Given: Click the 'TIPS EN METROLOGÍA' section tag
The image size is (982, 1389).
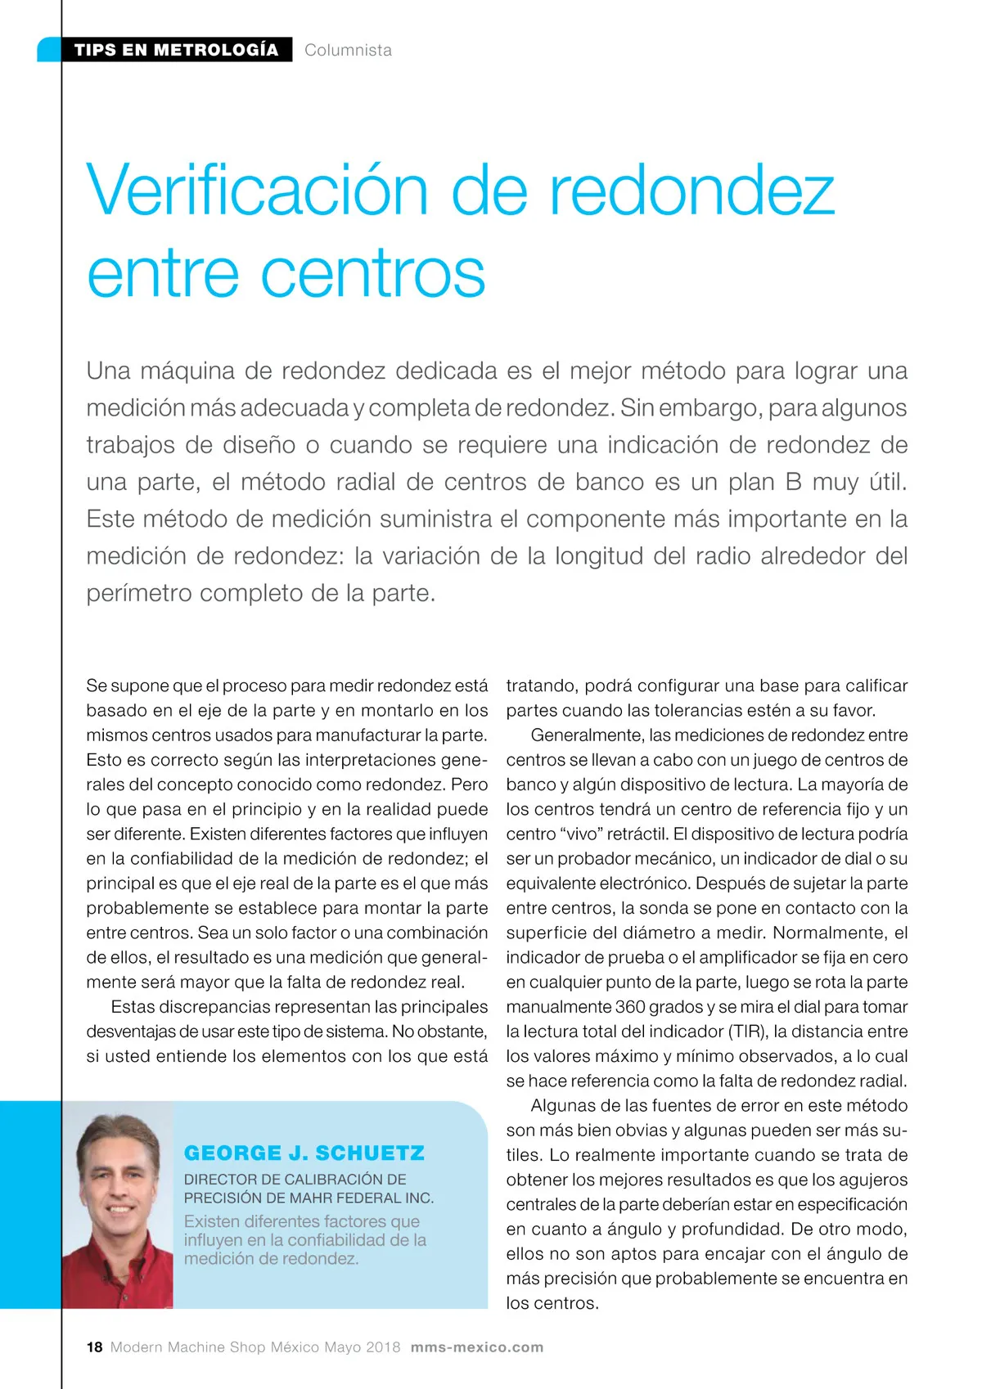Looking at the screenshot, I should click(x=176, y=50).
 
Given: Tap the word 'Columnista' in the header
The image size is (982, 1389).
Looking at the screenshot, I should click(x=348, y=50).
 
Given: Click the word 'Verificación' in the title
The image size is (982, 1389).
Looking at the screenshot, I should click(x=257, y=191).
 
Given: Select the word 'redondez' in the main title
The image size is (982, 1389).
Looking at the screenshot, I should click(x=691, y=191).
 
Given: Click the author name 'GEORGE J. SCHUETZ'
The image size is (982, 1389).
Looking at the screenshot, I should click(x=304, y=1153).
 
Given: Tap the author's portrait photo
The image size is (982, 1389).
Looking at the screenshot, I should click(x=118, y=1202).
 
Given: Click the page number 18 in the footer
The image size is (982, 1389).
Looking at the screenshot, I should click(x=95, y=1347).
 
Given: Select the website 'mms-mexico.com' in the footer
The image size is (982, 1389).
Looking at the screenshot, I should click(x=477, y=1347).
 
